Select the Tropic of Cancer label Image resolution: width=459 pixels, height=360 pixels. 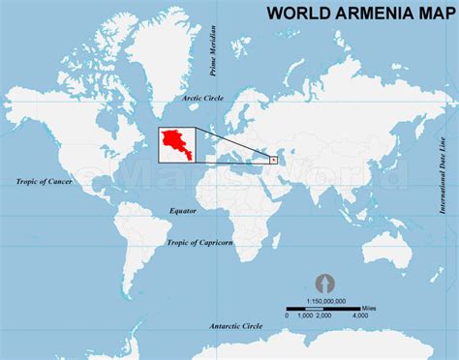click(x=44, y=181)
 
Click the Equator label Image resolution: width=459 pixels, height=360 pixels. click(x=182, y=210)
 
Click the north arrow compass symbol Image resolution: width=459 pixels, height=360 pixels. click(x=325, y=284)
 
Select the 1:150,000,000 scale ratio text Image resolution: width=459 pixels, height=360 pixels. click(x=326, y=301)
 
